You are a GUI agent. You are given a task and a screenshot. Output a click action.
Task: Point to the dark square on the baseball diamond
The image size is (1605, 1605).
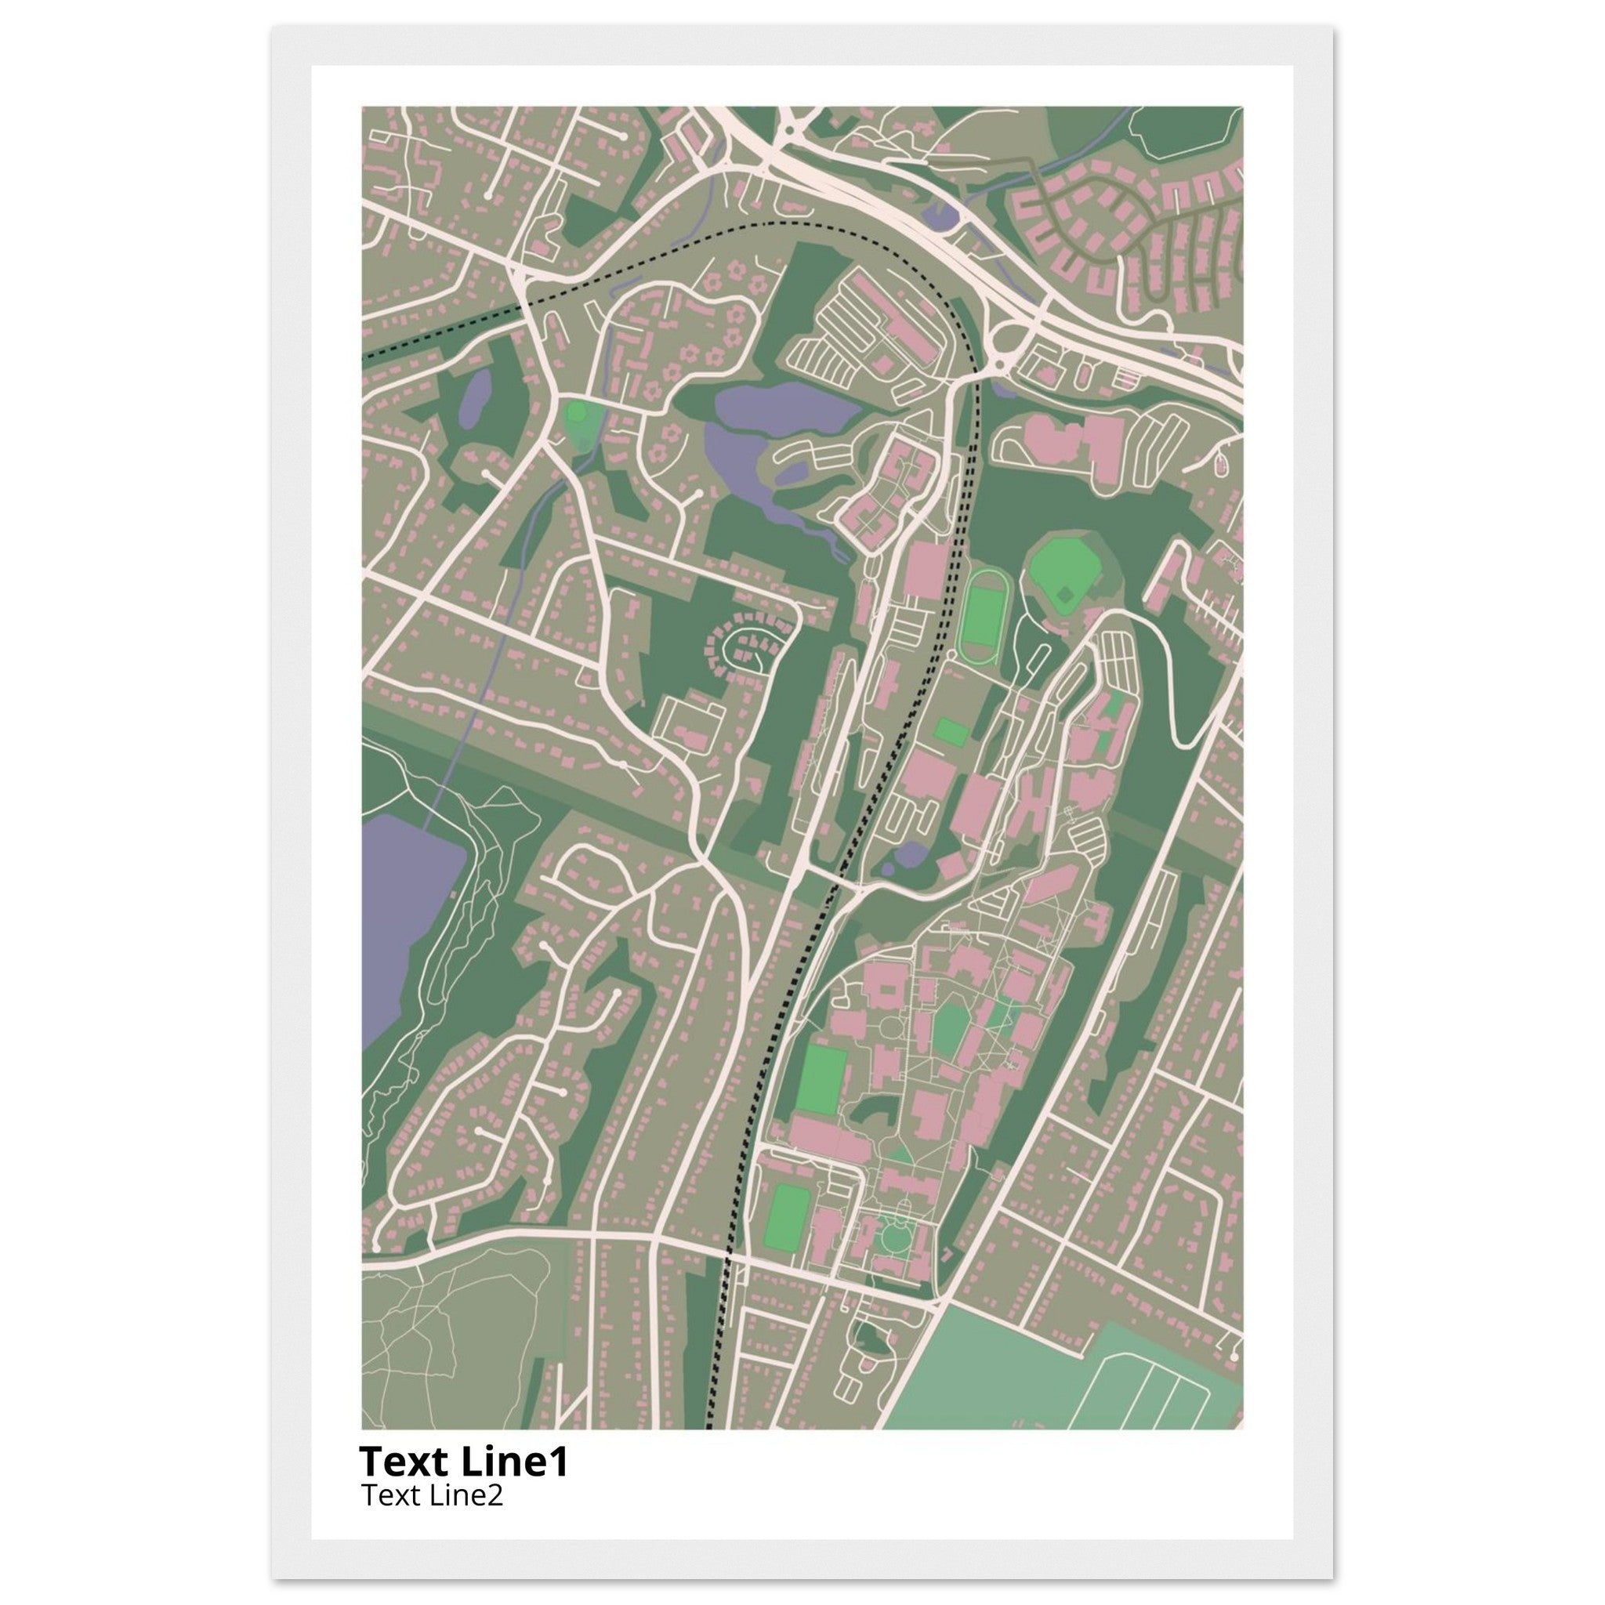(x=1064, y=595)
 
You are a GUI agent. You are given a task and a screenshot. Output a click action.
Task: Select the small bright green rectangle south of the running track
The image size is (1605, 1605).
(x=951, y=732)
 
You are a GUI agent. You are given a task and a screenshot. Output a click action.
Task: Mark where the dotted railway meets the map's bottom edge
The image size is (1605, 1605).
(x=708, y=1427)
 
